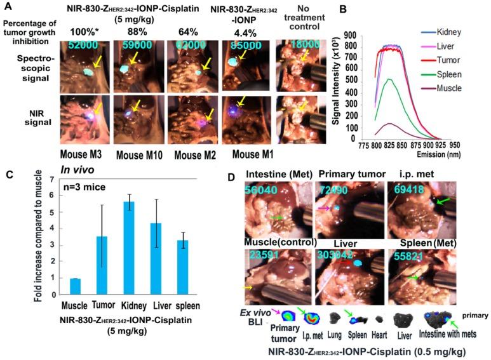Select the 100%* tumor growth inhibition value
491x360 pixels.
coord(81,30)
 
